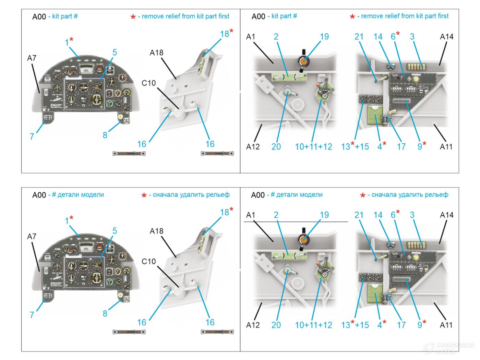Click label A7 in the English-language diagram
32,58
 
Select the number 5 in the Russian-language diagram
115,231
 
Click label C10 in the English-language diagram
148,83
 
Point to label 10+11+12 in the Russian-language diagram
313,325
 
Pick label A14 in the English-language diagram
446,37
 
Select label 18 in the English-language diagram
225,34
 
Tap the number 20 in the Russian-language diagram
276,325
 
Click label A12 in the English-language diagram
253,147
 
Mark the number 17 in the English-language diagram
401,147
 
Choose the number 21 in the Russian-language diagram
359,215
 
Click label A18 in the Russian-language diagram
156,231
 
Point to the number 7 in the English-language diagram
32,136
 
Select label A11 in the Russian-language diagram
446,325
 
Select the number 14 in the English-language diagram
378,37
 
